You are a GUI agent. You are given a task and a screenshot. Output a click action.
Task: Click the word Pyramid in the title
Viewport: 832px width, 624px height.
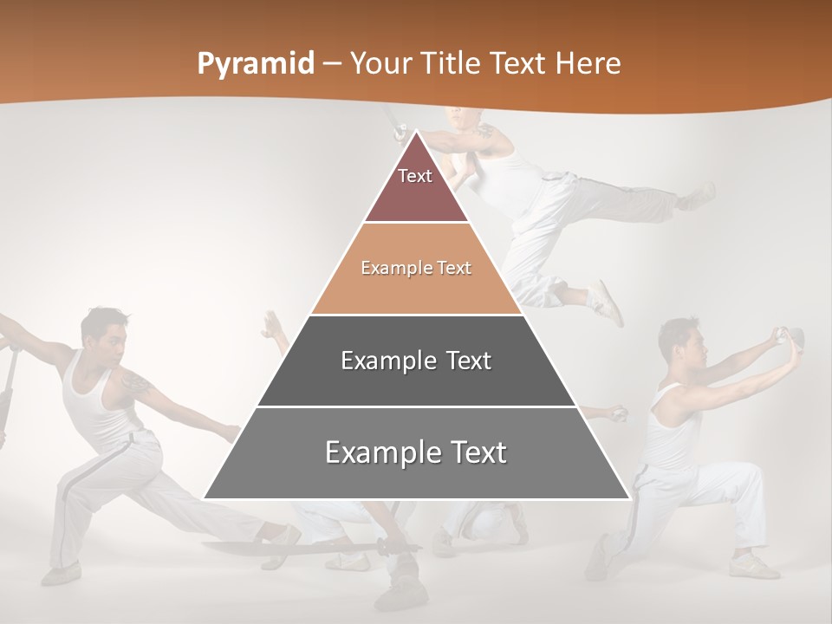click(255, 64)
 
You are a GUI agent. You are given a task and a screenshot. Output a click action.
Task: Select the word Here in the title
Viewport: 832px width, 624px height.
click(588, 63)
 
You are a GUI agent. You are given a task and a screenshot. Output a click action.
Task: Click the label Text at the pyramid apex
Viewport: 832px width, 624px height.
click(415, 176)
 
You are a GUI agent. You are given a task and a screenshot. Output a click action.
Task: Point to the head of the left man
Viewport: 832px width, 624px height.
click(105, 330)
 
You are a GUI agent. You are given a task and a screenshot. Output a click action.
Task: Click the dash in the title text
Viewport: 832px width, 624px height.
click(332, 64)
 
